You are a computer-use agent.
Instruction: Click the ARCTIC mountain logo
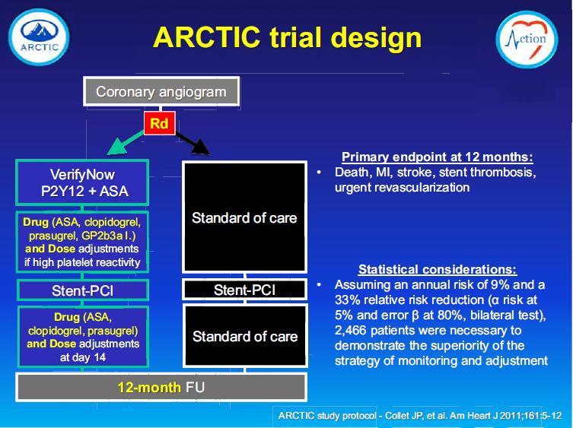pyautogui.click(x=39, y=37)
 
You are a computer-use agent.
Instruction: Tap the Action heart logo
pyautogui.click(x=527, y=40)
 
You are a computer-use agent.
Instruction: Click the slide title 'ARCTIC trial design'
pyautogui.click(x=287, y=37)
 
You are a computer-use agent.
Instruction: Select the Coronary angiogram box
pyautogui.click(x=161, y=91)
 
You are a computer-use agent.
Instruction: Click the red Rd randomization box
pyautogui.click(x=159, y=123)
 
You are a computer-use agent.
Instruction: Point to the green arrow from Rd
pyautogui.click(x=126, y=143)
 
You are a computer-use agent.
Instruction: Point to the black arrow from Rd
pyautogui.click(x=193, y=143)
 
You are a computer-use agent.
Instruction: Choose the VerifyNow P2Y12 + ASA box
pyautogui.click(x=82, y=182)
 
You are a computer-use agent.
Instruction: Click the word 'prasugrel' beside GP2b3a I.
pyautogui.click(x=53, y=236)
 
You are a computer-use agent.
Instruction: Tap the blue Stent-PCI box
pyautogui.click(x=83, y=290)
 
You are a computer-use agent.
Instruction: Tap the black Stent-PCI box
pyautogui.click(x=245, y=290)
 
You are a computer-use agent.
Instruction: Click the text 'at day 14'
pyautogui.click(x=83, y=357)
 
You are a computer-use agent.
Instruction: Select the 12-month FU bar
pyautogui.click(x=161, y=387)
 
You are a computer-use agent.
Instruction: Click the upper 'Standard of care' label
pyautogui.click(x=244, y=218)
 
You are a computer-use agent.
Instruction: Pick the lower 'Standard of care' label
pyautogui.click(x=245, y=336)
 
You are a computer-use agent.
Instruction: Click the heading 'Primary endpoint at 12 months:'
pyautogui.click(x=438, y=157)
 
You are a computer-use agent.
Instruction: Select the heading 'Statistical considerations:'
pyautogui.click(x=438, y=270)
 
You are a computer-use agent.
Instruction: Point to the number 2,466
pyautogui.click(x=350, y=331)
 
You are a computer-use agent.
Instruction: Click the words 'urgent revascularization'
pyautogui.click(x=402, y=187)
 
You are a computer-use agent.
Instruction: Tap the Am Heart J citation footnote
pyautogui.click(x=420, y=416)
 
